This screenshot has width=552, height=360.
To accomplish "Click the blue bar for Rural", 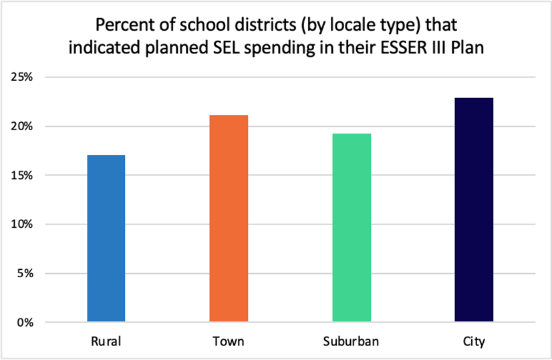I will point(106,238).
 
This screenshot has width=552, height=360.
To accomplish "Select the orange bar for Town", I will point(229,218).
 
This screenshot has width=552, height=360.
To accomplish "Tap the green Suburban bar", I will point(352,228).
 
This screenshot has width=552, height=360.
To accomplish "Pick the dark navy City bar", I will point(474,210).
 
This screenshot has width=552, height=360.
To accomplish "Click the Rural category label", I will point(106,342).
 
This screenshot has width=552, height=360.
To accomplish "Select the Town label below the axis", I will point(229,342).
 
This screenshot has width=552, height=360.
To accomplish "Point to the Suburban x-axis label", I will point(352,342).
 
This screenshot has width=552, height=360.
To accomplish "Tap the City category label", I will point(474,342).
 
